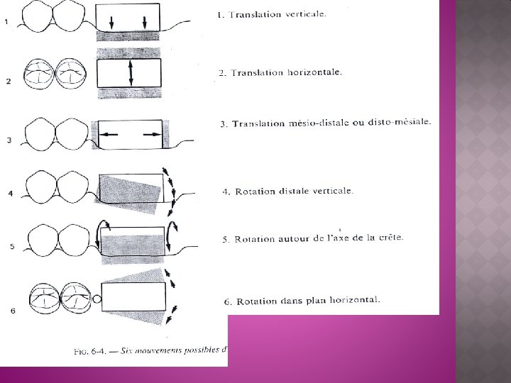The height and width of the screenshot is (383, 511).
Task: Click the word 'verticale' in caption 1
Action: click(x=302, y=13)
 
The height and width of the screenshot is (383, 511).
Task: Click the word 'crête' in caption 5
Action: click(x=389, y=237)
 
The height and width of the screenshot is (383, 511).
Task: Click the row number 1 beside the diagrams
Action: click(x=6, y=21)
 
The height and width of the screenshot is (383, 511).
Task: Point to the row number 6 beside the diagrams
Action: click(x=13, y=310)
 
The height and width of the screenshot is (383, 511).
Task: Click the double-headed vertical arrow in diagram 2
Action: click(x=131, y=73)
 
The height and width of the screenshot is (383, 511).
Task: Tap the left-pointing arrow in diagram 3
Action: click(x=109, y=133)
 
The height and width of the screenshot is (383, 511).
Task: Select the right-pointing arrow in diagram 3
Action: click(x=150, y=133)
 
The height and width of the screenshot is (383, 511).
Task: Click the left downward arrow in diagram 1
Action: click(x=112, y=23)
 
